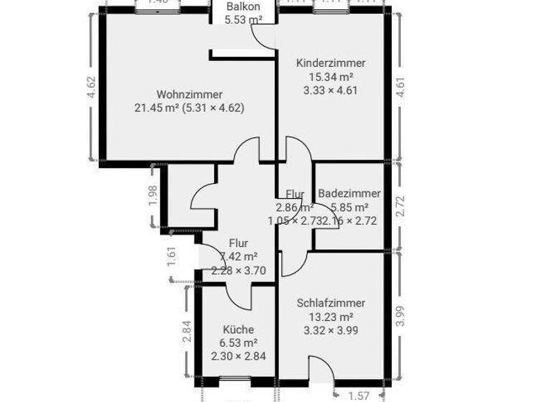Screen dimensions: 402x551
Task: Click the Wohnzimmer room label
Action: click(x=189, y=94)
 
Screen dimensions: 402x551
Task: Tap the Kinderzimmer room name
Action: click(x=331, y=63)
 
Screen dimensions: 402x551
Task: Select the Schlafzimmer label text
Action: click(x=331, y=303)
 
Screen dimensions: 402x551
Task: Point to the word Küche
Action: click(x=238, y=329)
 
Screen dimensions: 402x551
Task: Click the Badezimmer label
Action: click(x=349, y=194)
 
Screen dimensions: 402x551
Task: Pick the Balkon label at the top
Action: click(x=243, y=6)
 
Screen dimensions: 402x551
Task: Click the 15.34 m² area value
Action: click(x=331, y=77)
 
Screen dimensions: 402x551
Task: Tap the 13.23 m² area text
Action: click(x=331, y=317)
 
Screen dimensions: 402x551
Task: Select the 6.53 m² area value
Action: click(x=238, y=342)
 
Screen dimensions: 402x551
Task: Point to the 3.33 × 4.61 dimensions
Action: click(x=331, y=90)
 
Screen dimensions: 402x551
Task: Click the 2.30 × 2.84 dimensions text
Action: click(x=238, y=355)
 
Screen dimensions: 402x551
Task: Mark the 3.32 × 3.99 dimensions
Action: click(x=331, y=330)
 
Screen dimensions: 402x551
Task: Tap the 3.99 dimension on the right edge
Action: click(x=401, y=317)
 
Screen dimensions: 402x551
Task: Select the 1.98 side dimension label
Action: click(x=152, y=196)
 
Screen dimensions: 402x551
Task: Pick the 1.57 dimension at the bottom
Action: click(x=359, y=396)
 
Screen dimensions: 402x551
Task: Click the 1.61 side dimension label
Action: click(x=171, y=256)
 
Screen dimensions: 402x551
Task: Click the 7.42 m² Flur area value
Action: click(x=239, y=256)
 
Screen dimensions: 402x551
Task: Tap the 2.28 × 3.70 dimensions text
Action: click(x=239, y=270)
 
